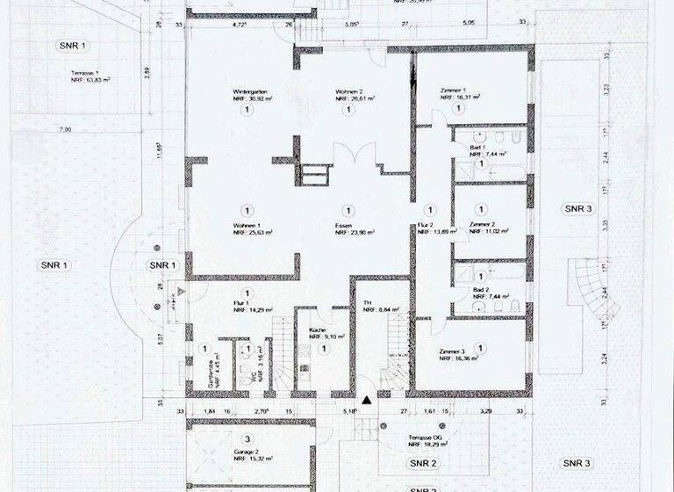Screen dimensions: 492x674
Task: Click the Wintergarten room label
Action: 249,91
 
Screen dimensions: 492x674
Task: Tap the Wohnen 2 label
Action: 348,91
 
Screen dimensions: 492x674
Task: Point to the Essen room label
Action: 342,225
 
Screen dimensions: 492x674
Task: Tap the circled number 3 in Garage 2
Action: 248,438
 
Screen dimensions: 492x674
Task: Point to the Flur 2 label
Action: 425,225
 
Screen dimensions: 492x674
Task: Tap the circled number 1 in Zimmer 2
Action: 480,211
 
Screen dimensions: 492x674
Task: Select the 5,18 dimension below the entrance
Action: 351,411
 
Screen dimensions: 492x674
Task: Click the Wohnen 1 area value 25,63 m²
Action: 253,233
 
